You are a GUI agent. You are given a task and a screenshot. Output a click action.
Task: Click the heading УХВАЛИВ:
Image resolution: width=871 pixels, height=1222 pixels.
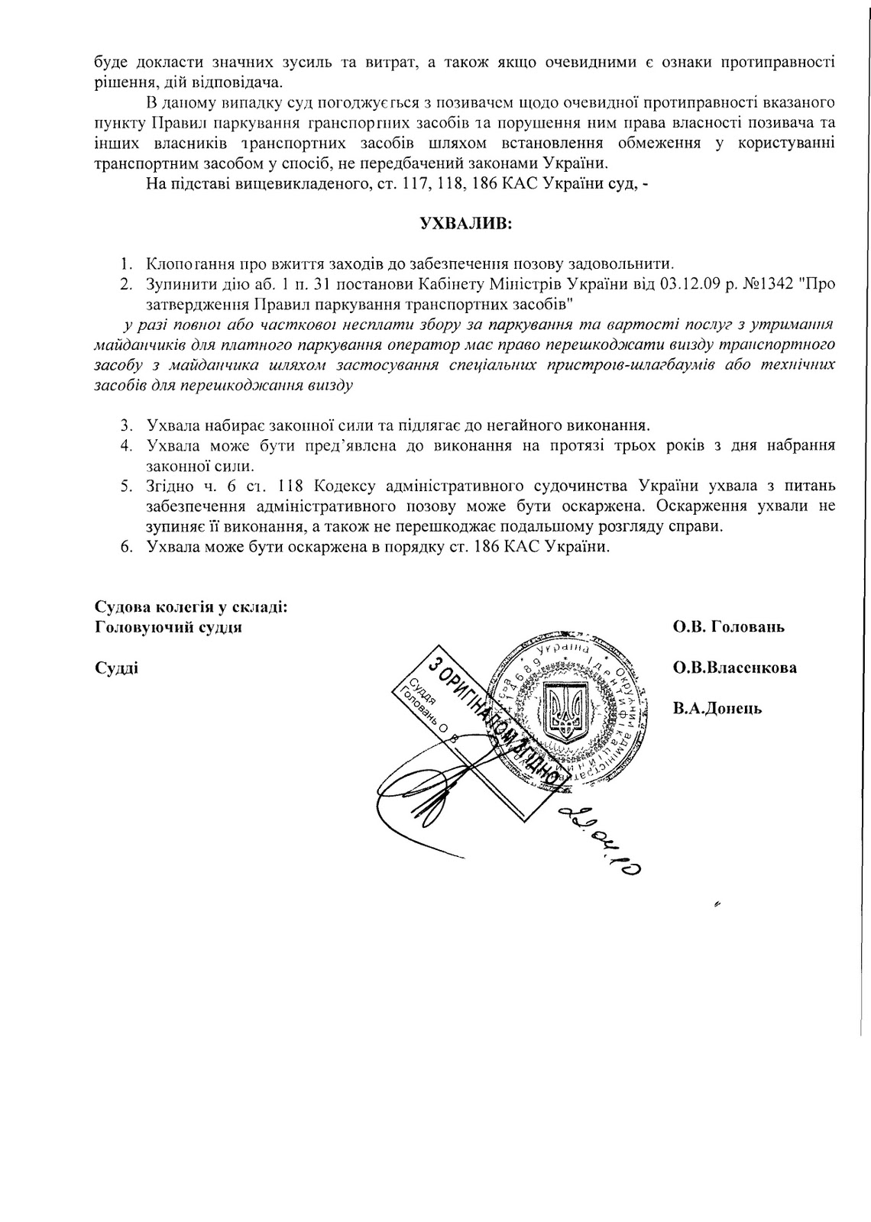(x=466, y=225)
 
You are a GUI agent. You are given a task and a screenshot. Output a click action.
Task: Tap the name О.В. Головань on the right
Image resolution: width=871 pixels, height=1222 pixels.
(x=728, y=628)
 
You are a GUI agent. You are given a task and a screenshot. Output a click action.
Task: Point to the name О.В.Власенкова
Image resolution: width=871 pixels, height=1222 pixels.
(x=734, y=668)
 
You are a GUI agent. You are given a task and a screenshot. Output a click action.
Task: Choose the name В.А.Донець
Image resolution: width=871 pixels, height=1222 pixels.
(x=717, y=709)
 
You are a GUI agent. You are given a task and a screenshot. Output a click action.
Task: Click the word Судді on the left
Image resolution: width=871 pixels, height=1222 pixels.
(x=116, y=668)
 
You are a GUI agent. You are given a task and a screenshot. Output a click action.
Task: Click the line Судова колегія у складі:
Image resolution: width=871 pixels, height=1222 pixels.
(x=191, y=607)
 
